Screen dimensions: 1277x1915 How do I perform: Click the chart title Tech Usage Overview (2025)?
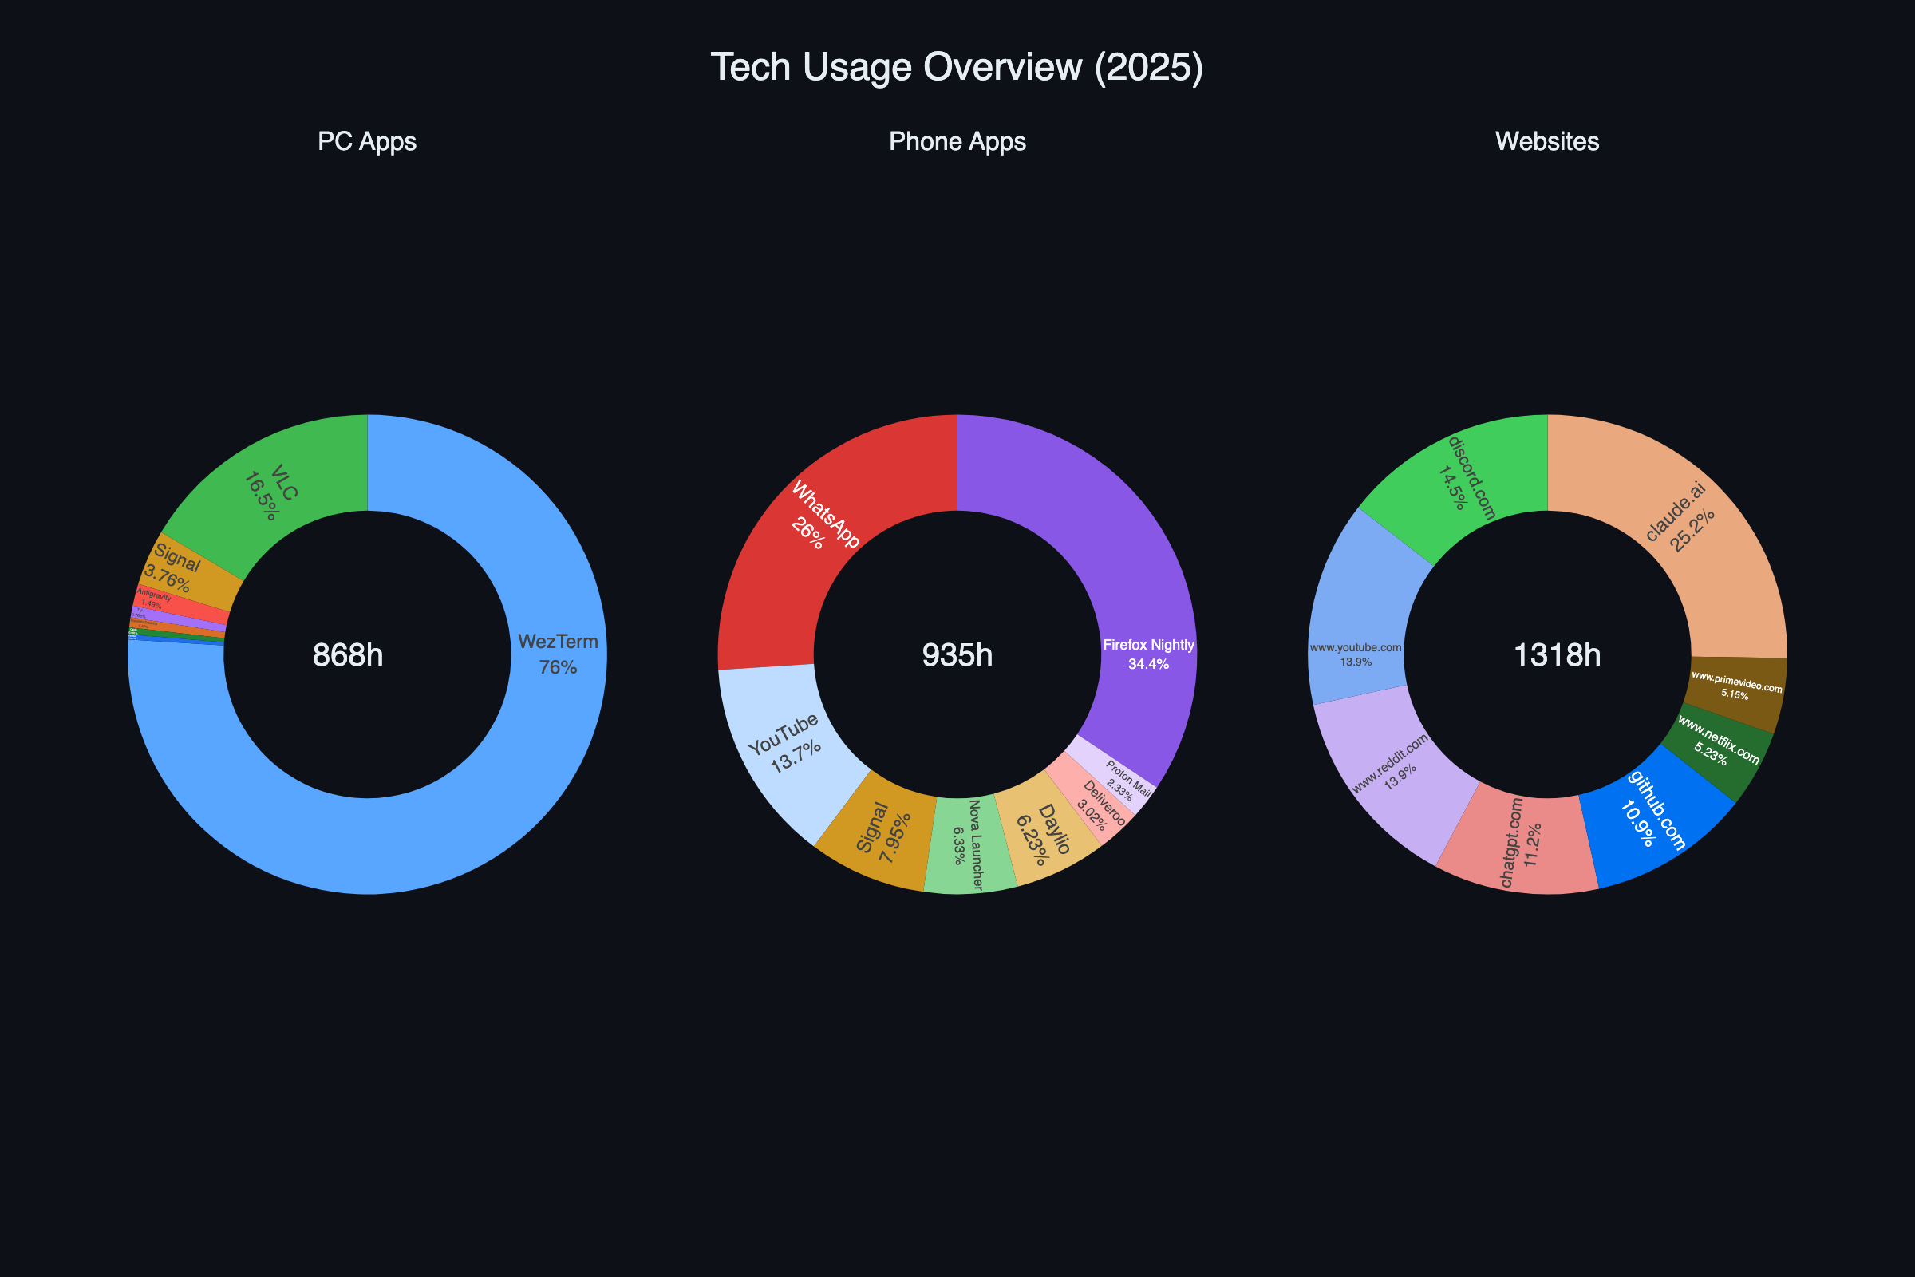point(957,67)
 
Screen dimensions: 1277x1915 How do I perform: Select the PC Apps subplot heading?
point(367,142)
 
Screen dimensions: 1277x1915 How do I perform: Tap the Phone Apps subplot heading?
point(957,142)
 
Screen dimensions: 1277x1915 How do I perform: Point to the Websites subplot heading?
point(1547,142)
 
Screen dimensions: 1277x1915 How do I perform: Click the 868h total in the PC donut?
point(348,655)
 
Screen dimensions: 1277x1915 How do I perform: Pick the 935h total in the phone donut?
point(957,655)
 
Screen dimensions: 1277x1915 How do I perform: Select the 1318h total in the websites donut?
point(1557,655)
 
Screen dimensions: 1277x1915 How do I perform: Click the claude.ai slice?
point(1677,521)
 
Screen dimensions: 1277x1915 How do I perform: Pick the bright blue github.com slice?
point(1652,814)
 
